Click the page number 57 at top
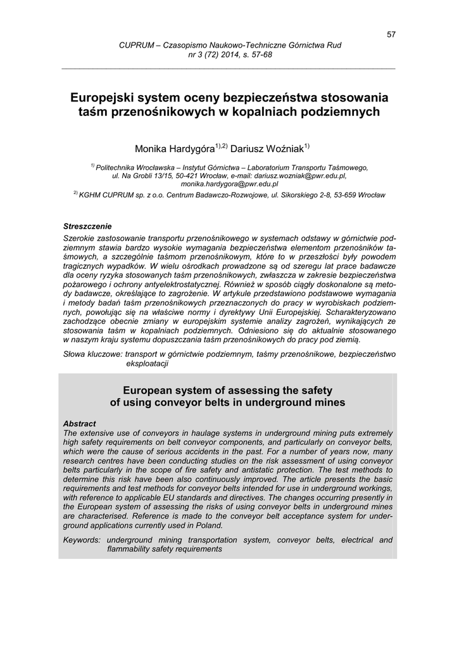(x=391, y=34)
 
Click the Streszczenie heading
(x=87, y=226)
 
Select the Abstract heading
(x=80, y=423)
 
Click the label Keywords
(x=82, y=540)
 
